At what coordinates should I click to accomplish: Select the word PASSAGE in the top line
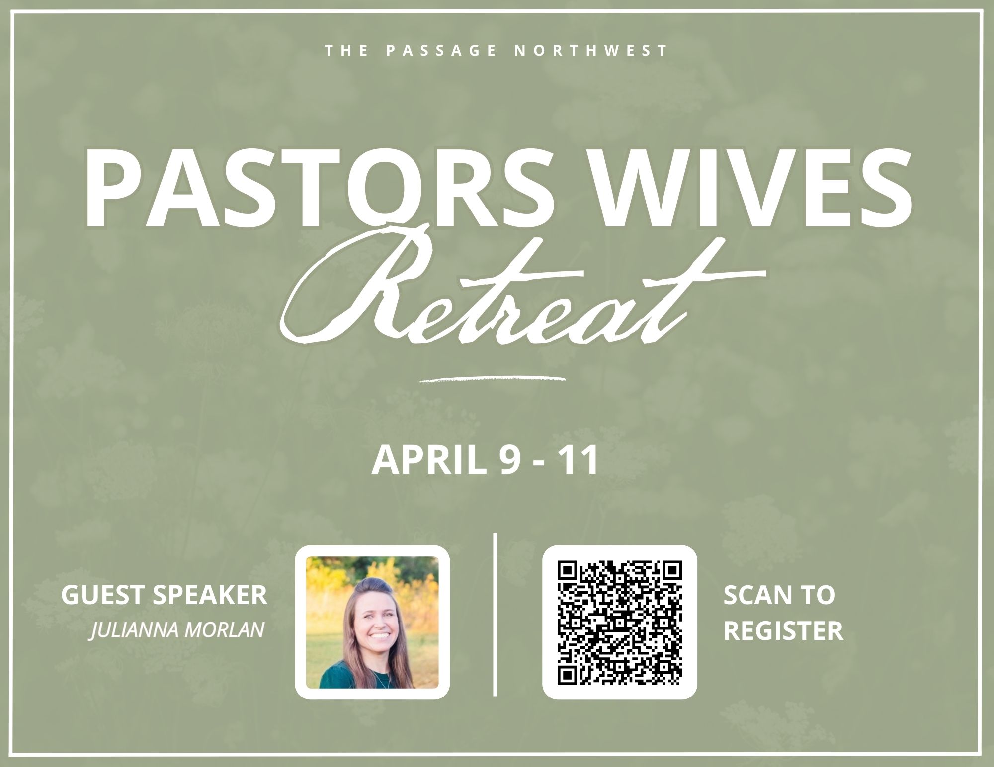tap(441, 50)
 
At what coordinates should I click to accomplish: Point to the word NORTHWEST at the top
tap(590, 50)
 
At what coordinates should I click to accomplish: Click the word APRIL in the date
tap(428, 460)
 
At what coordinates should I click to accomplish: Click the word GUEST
tap(103, 596)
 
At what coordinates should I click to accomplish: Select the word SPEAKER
tap(210, 596)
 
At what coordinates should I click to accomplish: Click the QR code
tap(619, 622)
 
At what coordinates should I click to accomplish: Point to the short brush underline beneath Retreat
tap(493, 378)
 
